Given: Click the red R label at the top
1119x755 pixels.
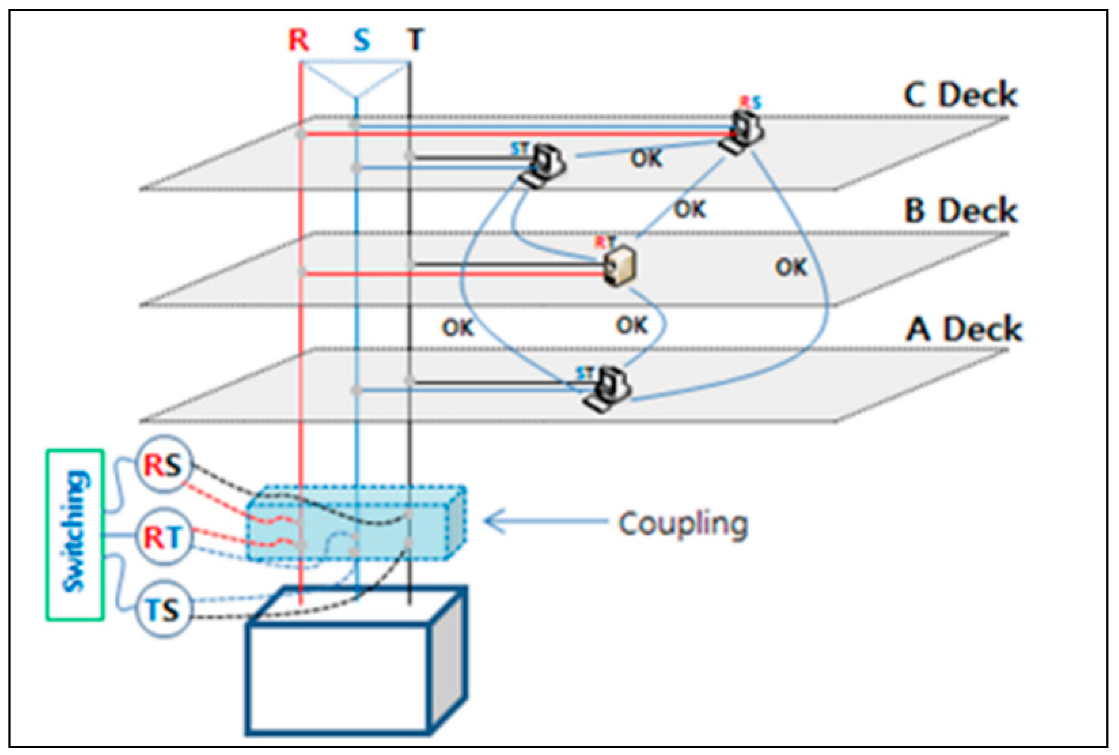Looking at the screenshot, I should [299, 40].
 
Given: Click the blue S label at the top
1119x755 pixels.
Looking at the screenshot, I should [362, 40].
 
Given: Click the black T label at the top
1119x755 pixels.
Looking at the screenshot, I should [415, 40].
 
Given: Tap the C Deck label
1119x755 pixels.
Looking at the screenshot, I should [960, 95].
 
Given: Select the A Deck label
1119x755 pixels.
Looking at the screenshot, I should [963, 329].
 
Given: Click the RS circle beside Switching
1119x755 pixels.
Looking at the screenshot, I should [163, 465].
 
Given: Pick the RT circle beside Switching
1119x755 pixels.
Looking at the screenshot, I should [163, 537].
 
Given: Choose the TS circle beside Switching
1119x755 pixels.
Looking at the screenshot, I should [163, 609].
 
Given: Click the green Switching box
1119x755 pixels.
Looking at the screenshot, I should [75, 534].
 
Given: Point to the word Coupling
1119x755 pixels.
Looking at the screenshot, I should [683, 524].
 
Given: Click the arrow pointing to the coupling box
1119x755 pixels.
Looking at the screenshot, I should [544, 521].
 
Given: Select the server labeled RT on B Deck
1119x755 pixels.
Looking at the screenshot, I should [620, 266].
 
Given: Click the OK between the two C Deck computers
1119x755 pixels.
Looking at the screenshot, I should [646, 158].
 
